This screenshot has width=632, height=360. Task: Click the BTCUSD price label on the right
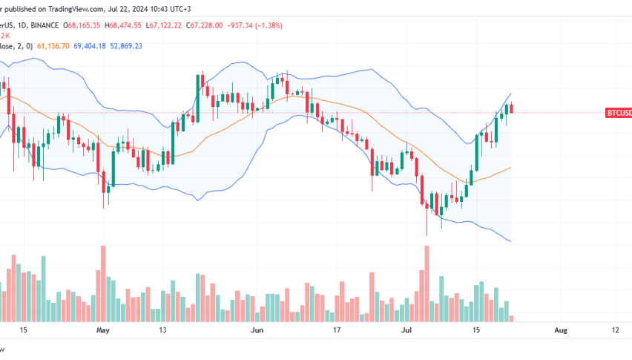(619, 113)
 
